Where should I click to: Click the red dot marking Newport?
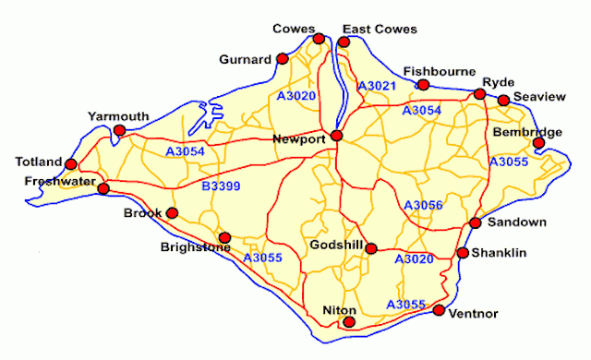337,136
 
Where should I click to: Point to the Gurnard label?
245,60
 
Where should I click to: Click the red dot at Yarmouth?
118,130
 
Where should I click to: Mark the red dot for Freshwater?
103,188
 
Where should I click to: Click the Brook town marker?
172,213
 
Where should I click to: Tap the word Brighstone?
195,247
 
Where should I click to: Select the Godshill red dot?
370,247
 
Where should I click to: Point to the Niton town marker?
349,322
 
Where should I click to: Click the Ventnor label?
472,314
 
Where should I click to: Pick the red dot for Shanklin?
462,253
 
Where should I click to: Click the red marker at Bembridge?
539,144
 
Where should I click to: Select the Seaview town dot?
503,101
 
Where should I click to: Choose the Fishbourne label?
440,72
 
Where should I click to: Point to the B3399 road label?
221,186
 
